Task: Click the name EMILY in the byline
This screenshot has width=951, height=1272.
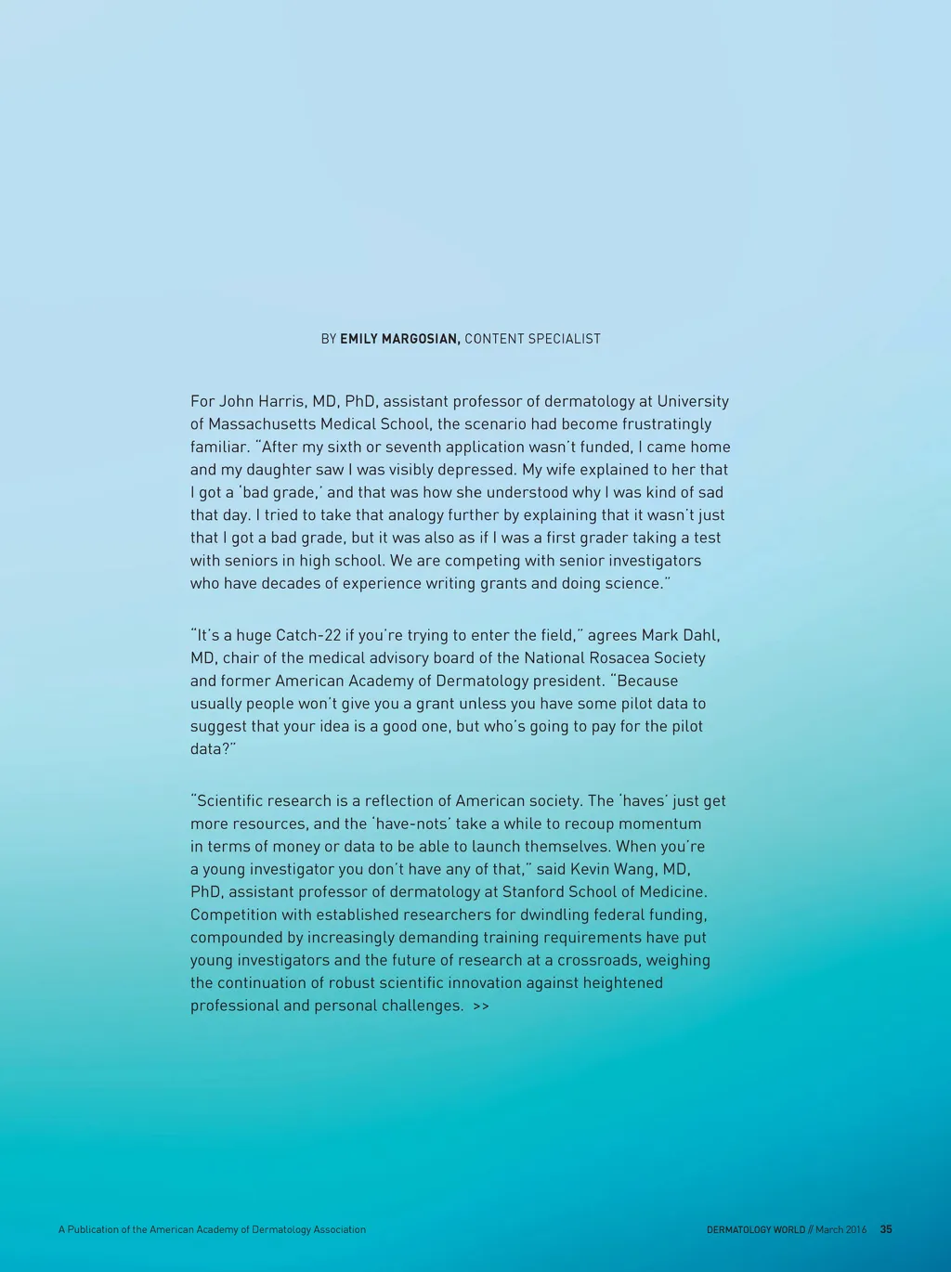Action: tap(360, 339)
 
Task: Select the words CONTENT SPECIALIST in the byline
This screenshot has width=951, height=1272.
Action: tap(532, 339)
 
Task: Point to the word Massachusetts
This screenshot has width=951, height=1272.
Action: tap(261, 424)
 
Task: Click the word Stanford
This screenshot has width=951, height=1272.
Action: tap(535, 891)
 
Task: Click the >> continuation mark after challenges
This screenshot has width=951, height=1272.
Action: tap(480, 1006)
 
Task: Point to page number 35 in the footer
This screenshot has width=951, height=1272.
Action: tap(886, 1229)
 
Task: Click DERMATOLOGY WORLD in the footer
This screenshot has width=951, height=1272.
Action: tap(755, 1229)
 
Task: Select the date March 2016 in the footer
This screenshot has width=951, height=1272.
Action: tap(840, 1229)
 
